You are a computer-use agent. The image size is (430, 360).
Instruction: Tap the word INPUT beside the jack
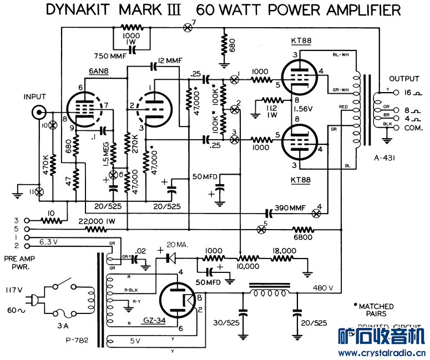pyautogui.click(x=35, y=97)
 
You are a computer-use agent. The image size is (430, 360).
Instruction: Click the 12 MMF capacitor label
pyautogui.click(x=170, y=60)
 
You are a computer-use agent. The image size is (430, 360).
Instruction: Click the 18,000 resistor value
pyautogui.click(x=284, y=251)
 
